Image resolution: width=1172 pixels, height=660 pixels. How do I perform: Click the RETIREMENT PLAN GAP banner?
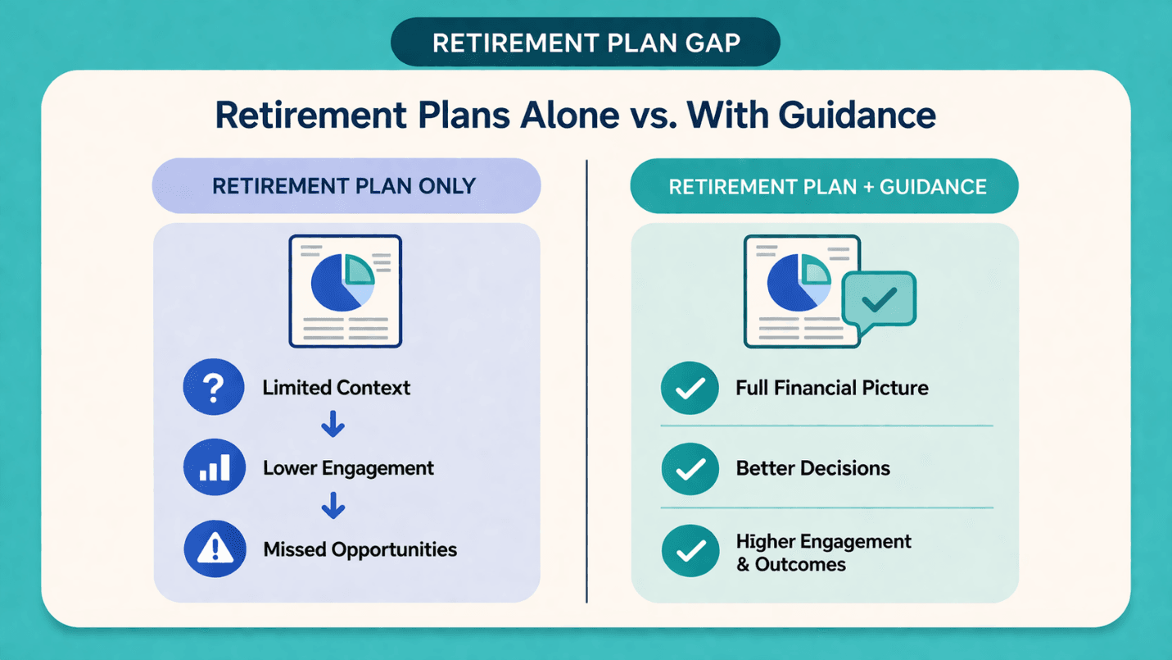click(586, 42)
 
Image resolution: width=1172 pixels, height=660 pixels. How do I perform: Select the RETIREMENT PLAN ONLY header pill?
click(346, 186)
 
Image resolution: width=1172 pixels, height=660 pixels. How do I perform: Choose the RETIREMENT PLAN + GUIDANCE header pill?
click(825, 186)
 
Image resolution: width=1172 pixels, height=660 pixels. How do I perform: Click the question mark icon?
click(214, 387)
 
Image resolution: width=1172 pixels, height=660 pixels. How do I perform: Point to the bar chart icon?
click(215, 467)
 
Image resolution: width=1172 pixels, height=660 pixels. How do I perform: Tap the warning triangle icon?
click(215, 549)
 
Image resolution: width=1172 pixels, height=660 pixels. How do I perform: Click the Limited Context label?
click(337, 388)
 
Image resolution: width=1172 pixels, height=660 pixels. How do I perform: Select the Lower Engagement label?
click(348, 468)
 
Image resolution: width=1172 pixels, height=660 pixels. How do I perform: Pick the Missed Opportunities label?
click(360, 549)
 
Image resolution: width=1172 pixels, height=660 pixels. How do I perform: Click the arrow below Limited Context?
click(333, 425)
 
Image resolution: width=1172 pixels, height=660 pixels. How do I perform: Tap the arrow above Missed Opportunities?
click(333, 506)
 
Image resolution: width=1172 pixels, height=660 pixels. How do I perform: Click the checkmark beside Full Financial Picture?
click(690, 388)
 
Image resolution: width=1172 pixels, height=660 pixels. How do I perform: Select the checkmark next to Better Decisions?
click(690, 469)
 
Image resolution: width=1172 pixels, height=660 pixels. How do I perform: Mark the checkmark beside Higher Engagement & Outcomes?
click(690, 551)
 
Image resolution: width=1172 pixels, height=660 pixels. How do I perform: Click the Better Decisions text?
click(813, 468)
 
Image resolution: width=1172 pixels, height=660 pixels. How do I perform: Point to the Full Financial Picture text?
click(832, 388)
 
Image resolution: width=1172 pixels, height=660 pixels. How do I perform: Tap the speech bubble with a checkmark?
click(879, 301)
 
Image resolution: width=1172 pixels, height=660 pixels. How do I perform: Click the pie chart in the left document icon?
click(342, 283)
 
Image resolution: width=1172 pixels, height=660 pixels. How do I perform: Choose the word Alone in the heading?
click(570, 116)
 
